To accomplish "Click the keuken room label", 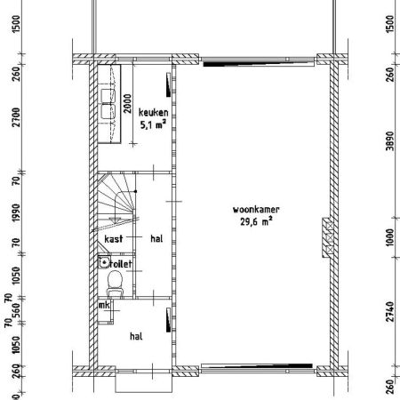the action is point(153,112).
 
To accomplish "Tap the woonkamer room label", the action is point(256,210).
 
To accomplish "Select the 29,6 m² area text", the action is point(256,221).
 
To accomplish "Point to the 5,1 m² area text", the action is point(153,124).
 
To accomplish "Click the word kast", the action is point(114,239).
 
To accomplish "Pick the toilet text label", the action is point(121,264).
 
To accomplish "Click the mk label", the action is point(104,305).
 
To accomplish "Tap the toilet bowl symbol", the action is point(115,284).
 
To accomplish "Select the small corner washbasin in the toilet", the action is point(104,262).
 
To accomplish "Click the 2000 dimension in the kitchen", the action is point(127,103).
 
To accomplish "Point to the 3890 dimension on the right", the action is point(390,141).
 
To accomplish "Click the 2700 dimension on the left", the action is point(16,117).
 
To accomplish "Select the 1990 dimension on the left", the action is point(16,212).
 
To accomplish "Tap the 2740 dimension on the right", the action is point(390,311).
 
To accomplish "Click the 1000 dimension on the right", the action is point(390,236).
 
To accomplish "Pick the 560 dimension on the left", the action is point(17,310).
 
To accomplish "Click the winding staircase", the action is point(116,203).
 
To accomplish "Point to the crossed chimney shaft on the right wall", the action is point(327,237).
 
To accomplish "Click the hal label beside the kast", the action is point(156,238).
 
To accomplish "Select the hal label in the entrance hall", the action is point(136,336).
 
